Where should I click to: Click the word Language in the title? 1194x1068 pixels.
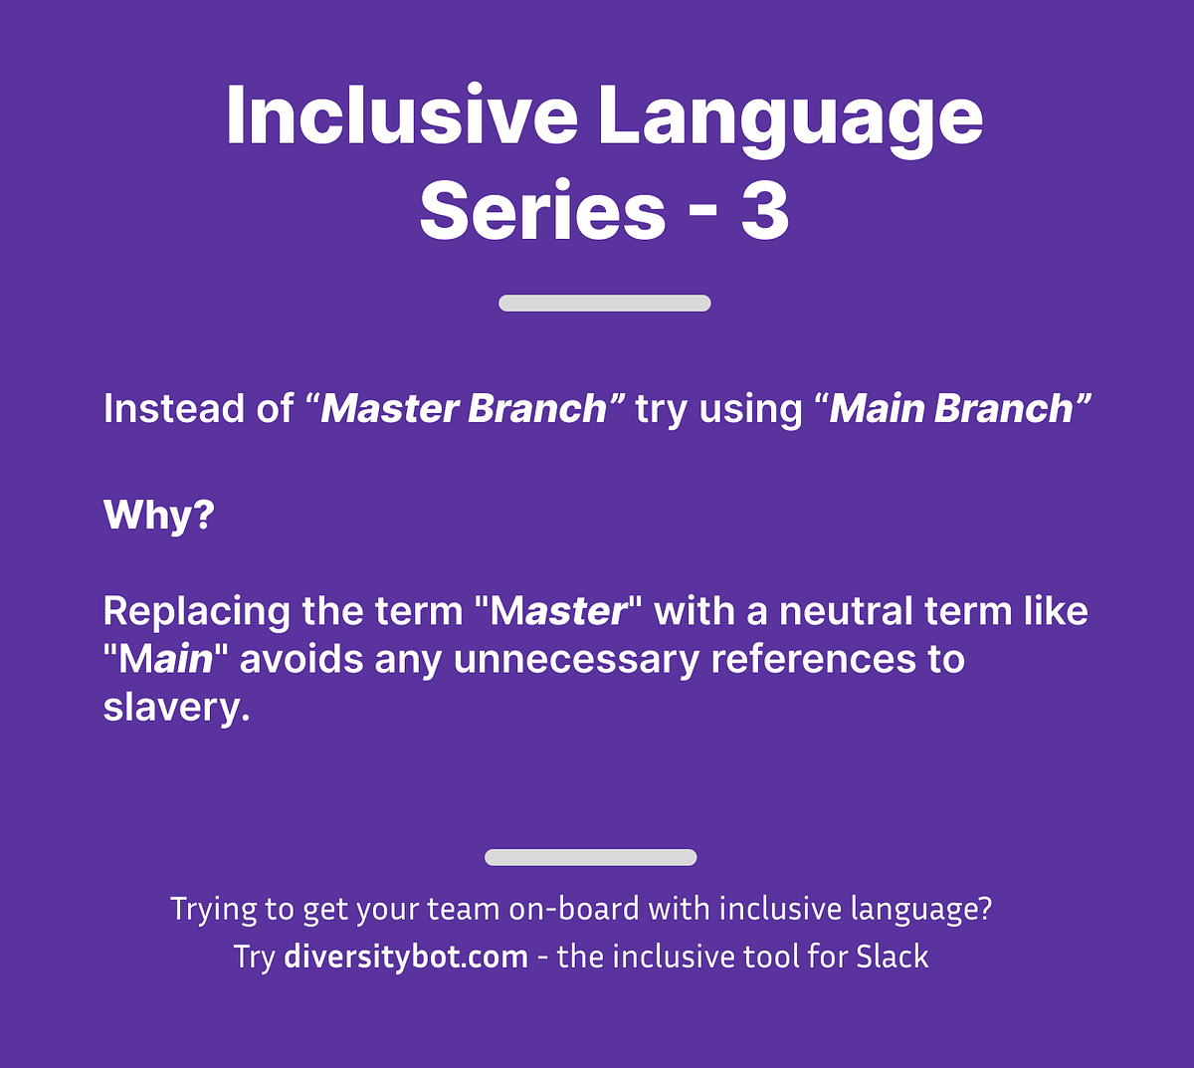click(790, 117)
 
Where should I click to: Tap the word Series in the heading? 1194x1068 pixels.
click(542, 211)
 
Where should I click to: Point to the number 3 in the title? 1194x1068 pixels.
click(764, 211)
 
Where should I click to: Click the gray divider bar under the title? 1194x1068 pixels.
click(604, 304)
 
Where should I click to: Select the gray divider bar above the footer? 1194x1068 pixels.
click(590, 857)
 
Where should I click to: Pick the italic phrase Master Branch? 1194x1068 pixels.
click(463, 409)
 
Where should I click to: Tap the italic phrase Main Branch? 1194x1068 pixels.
click(951, 409)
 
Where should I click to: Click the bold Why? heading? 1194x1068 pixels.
click(158, 515)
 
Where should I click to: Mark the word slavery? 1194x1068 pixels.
click(176, 707)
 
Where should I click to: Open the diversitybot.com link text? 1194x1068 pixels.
click(406, 957)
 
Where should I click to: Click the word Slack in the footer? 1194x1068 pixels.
click(893, 957)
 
